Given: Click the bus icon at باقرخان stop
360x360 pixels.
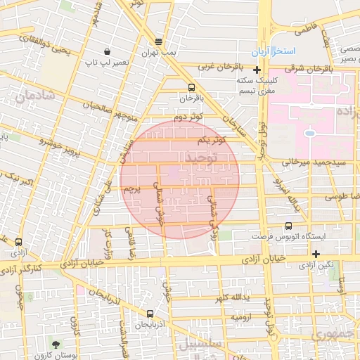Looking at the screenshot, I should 191,87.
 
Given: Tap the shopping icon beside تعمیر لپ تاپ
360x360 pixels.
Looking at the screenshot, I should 107,51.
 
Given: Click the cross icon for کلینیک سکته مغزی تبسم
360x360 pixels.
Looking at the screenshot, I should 257,70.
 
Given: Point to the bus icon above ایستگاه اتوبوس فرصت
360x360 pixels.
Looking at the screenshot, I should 288,226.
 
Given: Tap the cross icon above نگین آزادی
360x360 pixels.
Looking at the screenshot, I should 316,254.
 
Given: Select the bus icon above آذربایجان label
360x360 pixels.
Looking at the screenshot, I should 149,314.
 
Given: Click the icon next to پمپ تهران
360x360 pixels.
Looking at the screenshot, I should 158,41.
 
